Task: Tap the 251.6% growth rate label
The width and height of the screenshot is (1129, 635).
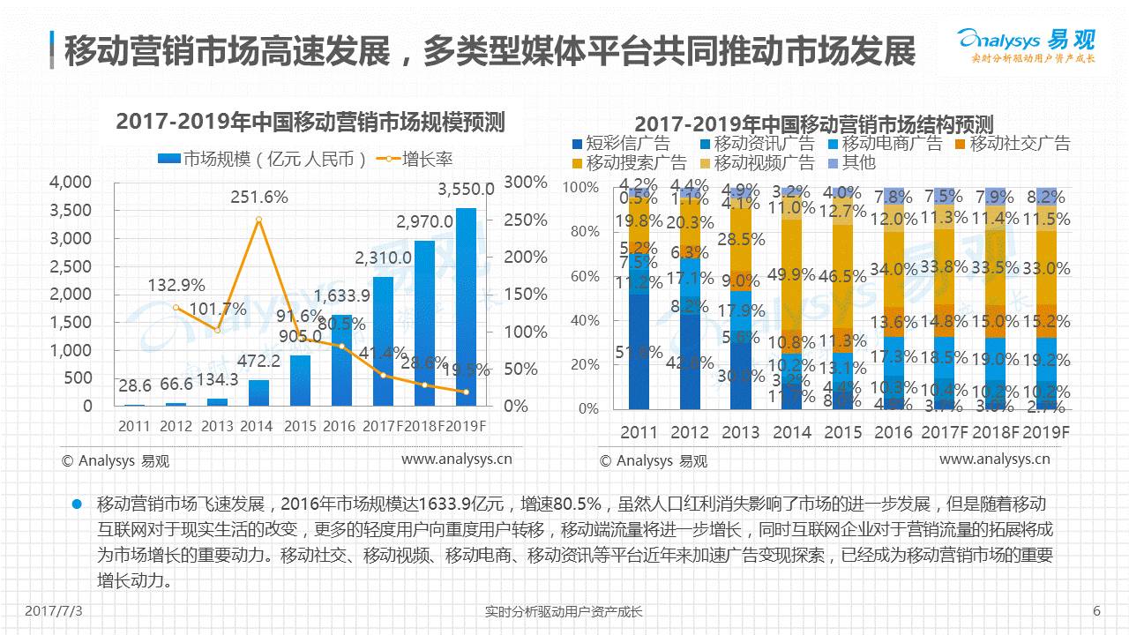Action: pyautogui.click(x=259, y=198)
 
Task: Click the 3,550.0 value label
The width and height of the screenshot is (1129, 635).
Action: pyautogui.click(x=466, y=190)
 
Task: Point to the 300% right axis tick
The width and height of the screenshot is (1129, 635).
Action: pyautogui.click(x=526, y=182)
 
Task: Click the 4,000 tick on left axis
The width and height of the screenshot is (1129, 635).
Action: pyautogui.click(x=71, y=182)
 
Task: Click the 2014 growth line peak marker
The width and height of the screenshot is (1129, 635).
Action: pyautogui.click(x=258, y=220)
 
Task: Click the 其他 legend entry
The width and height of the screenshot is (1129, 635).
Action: pyautogui.click(x=851, y=162)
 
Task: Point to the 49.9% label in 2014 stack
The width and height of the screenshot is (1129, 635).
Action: pyautogui.click(x=791, y=274)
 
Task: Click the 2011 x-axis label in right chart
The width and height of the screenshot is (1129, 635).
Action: pyautogui.click(x=639, y=433)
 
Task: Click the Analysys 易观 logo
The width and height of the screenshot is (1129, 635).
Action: pyautogui.click(x=1026, y=45)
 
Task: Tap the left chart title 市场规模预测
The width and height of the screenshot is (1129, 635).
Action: pyautogui.click(x=310, y=123)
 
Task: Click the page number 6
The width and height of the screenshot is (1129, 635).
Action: pyautogui.click(x=1096, y=611)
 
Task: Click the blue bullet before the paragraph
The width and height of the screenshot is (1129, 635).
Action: pyautogui.click(x=77, y=504)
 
